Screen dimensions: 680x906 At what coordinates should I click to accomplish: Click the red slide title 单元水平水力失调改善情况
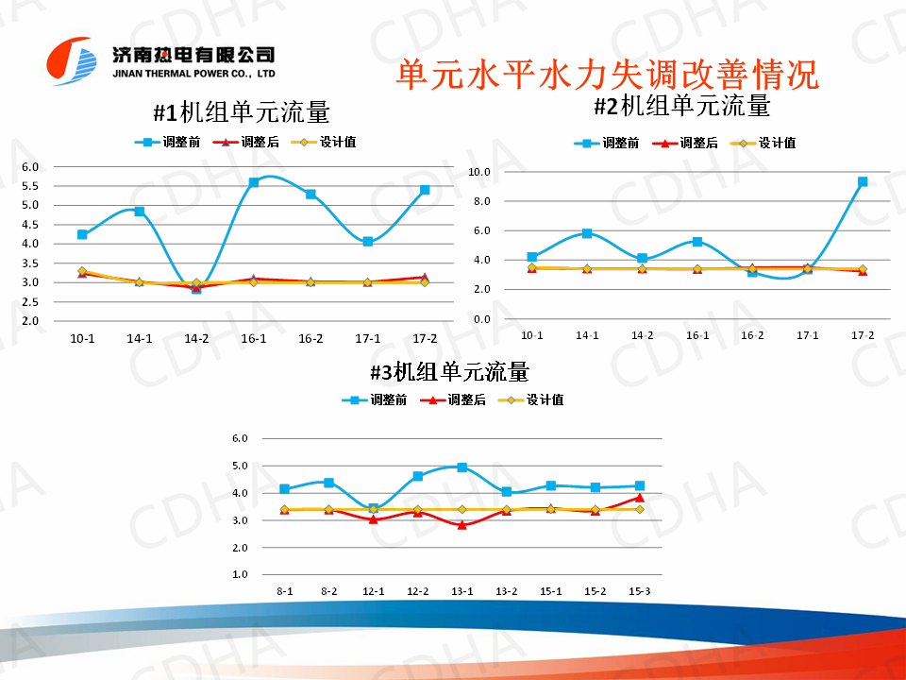(x=607, y=75)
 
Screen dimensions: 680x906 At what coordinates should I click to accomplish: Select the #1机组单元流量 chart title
(x=242, y=112)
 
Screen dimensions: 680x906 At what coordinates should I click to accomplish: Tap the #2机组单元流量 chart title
(x=682, y=106)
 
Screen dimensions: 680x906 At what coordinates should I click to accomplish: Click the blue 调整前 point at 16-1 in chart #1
(x=254, y=182)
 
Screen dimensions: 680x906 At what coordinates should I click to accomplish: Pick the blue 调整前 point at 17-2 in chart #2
(x=863, y=181)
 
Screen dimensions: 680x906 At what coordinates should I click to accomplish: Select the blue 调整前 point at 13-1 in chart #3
(x=461, y=467)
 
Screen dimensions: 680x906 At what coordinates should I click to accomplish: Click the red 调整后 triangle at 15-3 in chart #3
(x=639, y=497)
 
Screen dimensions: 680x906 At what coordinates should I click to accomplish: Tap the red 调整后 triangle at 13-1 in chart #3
(x=461, y=524)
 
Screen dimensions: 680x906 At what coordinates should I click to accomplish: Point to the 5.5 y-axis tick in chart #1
(x=30, y=186)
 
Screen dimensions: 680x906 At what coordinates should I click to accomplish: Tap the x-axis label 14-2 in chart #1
(x=196, y=338)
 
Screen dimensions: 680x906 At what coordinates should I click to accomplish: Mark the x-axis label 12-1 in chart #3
(x=373, y=591)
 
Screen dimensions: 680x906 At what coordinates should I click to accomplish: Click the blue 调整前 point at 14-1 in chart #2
(x=587, y=233)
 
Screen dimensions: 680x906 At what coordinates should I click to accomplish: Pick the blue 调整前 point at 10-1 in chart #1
(x=82, y=234)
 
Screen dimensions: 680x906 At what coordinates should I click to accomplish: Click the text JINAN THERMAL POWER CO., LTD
(x=193, y=73)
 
